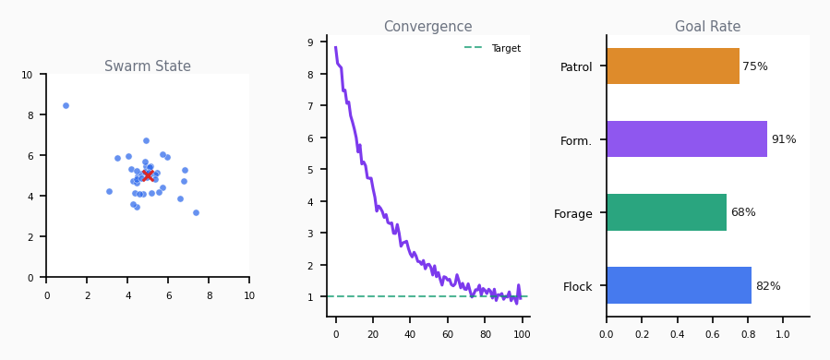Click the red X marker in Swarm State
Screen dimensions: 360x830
pos(148,175)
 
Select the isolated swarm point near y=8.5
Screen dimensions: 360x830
pos(66,105)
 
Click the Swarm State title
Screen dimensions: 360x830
pos(148,66)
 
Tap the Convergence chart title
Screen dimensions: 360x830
pos(427,27)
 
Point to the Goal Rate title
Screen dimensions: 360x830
pos(707,27)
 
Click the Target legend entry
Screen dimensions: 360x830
pos(505,48)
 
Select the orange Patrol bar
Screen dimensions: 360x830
pos(672,66)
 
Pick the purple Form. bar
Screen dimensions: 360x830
pos(686,139)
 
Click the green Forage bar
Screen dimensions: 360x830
pos(666,212)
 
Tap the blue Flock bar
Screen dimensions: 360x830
pos(679,285)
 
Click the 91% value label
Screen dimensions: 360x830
pos(783,139)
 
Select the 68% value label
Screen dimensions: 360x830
pos(742,212)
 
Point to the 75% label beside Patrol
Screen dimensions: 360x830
pos(754,66)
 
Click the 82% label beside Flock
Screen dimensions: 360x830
pos(767,286)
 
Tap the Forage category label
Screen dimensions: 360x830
pos(572,213)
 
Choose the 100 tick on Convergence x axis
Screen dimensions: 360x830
pos(523,333)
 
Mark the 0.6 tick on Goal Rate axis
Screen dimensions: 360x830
pos(712,333)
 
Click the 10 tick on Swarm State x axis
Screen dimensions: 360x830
pos(249,295)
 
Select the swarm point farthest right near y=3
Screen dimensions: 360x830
pos(196,212)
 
